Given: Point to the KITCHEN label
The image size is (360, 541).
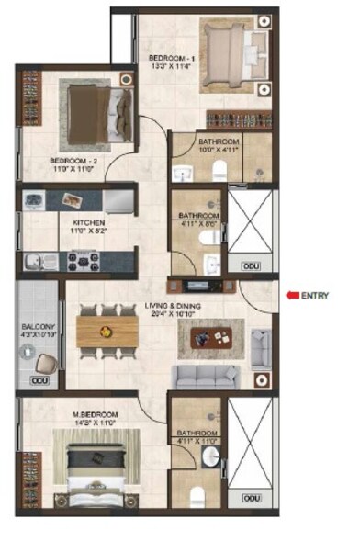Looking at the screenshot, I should tap(89, 222).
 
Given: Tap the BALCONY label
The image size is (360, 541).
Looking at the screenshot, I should tap(38, 327).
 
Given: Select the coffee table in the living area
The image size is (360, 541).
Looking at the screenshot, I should tap(212, 338).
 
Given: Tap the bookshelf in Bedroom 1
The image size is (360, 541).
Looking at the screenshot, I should tap(239, 119).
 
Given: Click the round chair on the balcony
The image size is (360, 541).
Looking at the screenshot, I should tap(44, 361).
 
